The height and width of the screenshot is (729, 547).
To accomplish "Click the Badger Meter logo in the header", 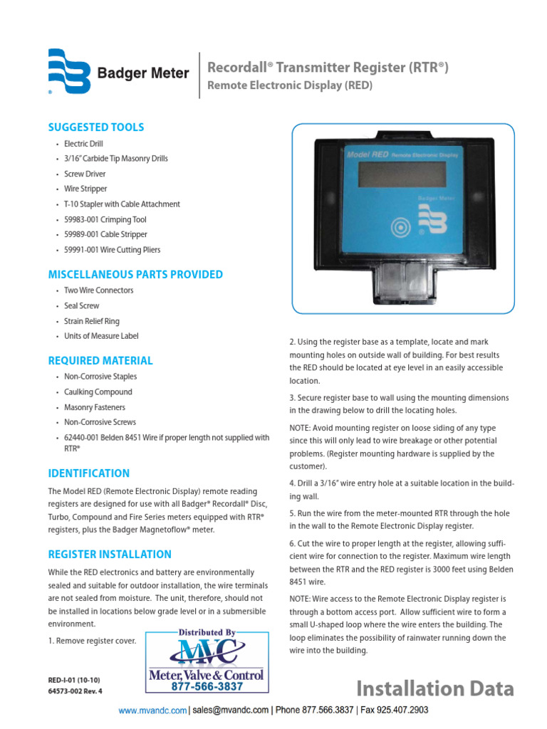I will tap(118, 73).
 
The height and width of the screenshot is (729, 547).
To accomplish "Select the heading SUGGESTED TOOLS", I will tap(95, 127).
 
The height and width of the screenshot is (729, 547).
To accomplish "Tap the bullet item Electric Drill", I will tap(85, 144).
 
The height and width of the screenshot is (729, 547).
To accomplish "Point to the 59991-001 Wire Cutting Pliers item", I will tap(112, 250).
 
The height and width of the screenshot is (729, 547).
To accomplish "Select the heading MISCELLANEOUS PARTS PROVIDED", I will tap(135, 275).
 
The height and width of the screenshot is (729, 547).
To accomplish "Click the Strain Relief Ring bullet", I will tap(92, 321).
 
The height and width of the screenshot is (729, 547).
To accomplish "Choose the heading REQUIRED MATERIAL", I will tap(100, 361).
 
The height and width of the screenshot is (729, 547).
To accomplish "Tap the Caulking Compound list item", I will tap(98, 392).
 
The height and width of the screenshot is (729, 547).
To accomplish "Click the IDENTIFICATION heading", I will tap(88, 473).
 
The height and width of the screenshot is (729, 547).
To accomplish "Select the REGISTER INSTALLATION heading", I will tap(110, 555).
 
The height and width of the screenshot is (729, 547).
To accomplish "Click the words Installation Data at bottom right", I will tap(434, 688).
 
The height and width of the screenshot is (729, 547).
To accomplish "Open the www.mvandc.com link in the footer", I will tap(152, 710).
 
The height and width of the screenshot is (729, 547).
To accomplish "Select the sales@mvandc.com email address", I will tap(231, 710).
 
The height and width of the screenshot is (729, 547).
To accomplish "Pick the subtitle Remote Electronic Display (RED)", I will tap(289, 86).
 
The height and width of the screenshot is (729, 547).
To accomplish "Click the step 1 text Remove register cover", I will tap(92, 640).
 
